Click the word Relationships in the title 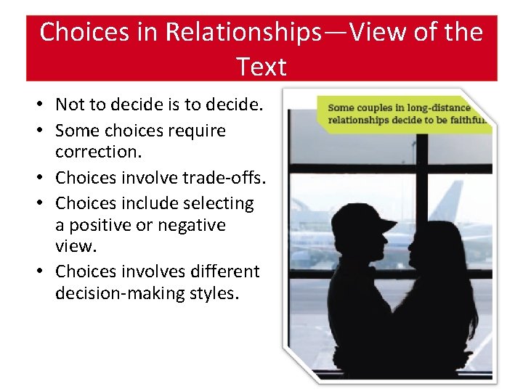click(x=235, y=32)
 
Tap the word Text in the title click(x=261, y=67)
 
